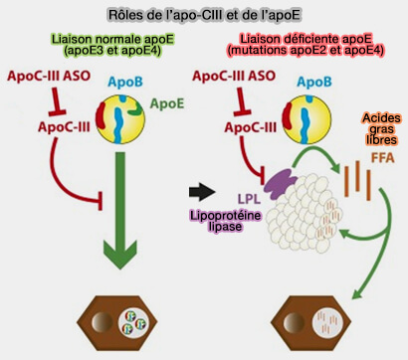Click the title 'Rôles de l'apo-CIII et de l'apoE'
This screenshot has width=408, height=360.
point(203,15)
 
